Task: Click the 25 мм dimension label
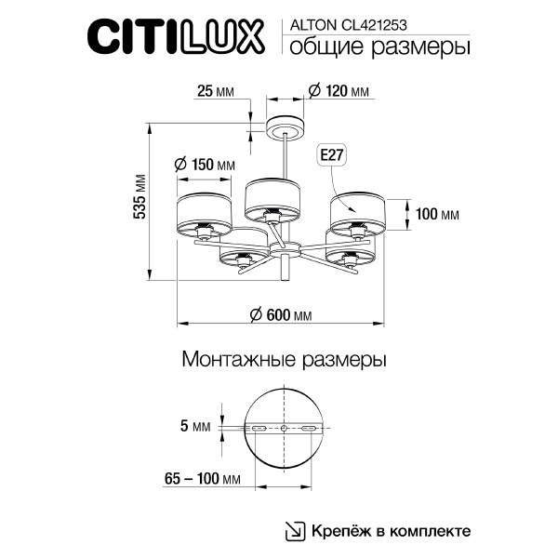pos(217,91)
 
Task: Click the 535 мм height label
pos(140,197)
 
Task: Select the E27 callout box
pos(331,156)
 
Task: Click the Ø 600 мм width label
pos(281,315)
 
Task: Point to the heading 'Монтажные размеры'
pos(284,358)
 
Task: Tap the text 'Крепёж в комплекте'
pos(392,531)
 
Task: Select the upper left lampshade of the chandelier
pos(205,213)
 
